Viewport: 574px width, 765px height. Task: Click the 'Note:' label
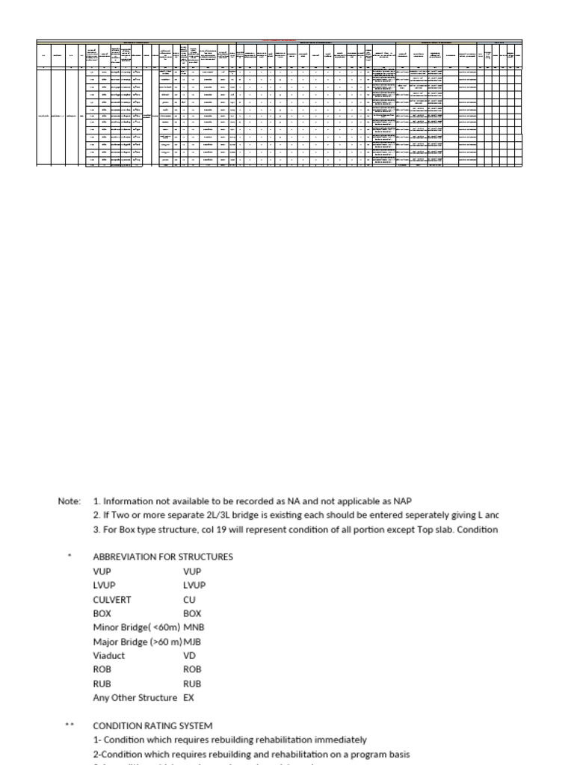point(69,501)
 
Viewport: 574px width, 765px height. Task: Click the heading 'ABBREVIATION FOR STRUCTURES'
point(163,557)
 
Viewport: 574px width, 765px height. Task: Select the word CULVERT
point(112,599)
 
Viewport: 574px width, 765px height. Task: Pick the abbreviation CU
point(189,599)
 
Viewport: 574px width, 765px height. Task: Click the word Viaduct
point(109,656)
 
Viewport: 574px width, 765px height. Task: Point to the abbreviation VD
point(190,656)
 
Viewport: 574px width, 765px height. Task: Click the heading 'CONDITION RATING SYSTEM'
point(152,725)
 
